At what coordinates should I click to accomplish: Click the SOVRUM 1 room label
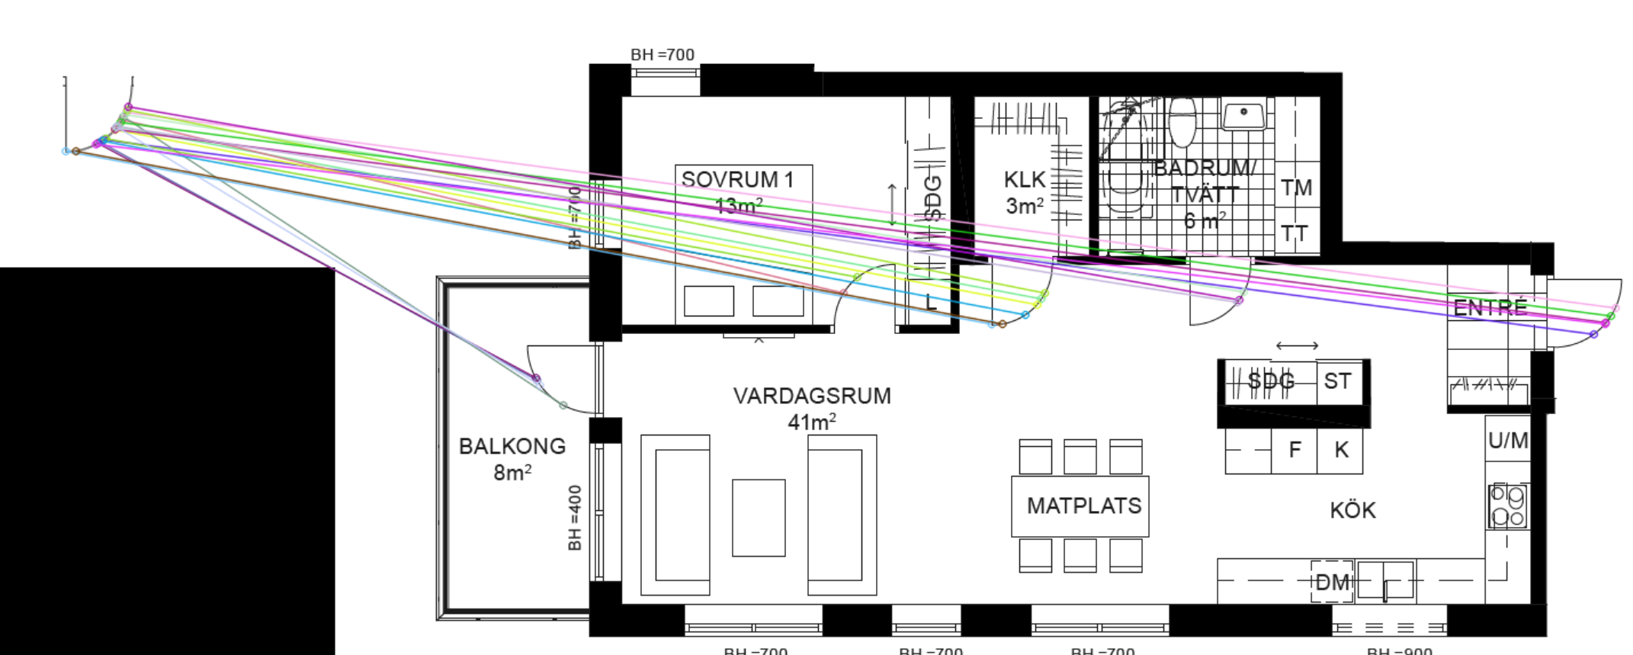coord(737,180)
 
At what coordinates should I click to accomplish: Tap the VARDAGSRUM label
coord(812,396)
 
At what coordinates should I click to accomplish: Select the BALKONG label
coord(512,446)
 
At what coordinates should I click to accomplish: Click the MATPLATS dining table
coord(1080,506)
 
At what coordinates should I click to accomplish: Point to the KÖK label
coord(1352,510)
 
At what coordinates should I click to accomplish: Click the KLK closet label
coord(1024,180)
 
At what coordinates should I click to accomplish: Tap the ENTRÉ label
coord(1490,307)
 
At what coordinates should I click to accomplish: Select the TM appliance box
coord(1296,188)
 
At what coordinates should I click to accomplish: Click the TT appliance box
coord(1295,233)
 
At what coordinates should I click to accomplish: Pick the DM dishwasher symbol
coord(1332,583)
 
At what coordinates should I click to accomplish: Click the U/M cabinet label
coord(1507,440)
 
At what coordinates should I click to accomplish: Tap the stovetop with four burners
coord(1507,506)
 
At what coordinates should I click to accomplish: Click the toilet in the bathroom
coord(1182,122)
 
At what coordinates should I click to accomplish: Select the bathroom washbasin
coord(1243,115)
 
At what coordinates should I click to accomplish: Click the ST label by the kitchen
coord(1337,381)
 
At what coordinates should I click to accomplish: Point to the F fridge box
coord(1294,450)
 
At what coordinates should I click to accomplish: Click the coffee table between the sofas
coord(759,518)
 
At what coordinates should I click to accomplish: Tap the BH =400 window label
coord(575,518)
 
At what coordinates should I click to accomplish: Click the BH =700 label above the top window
coord(663,55)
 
